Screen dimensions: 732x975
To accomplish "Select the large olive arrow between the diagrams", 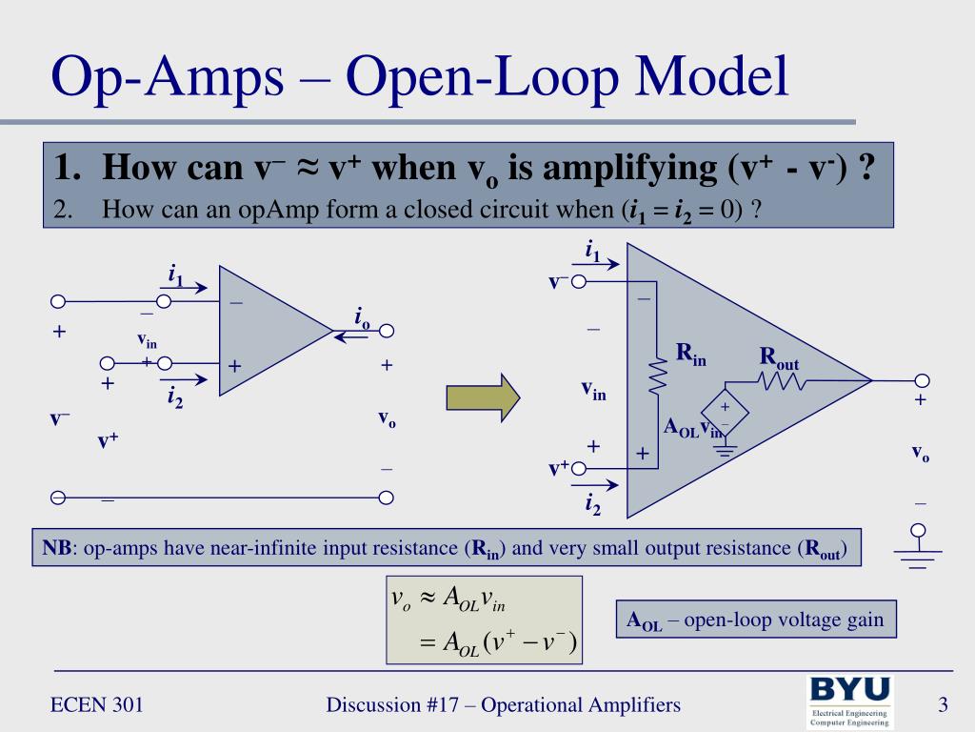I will click(484, 396).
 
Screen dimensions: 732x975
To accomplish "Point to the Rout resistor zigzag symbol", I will click(782, 381).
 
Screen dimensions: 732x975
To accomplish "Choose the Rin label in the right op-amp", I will click(691, 354).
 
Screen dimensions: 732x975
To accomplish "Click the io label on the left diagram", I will click(362, 318).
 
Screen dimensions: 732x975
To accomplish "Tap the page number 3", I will click(943, 705).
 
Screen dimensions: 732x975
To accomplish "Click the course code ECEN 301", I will click(97, 705).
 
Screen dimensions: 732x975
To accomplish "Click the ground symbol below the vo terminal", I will click(918, 553).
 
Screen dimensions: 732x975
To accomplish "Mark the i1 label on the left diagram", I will click(175, 276).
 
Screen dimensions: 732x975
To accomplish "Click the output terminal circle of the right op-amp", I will click(920, 380).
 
